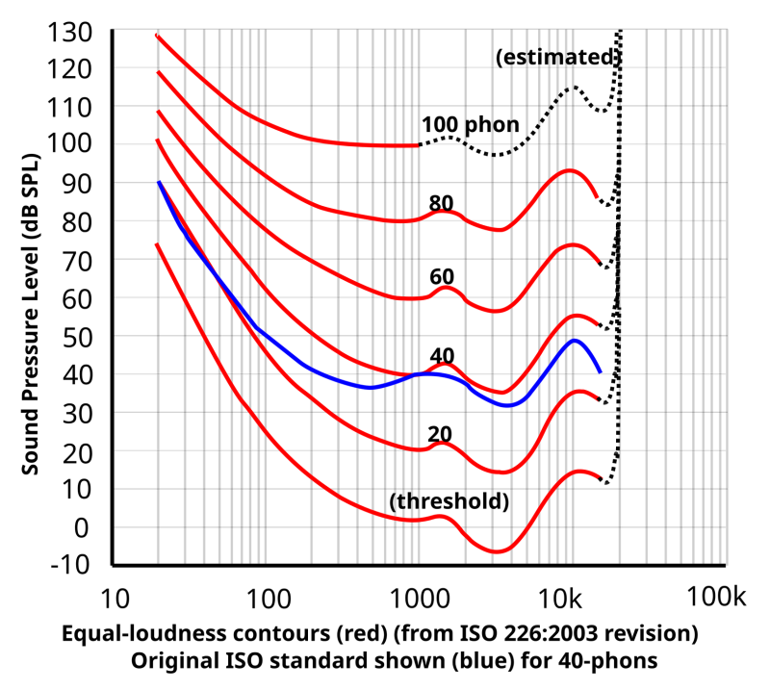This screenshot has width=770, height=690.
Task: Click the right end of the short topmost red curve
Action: (x=416, y=145)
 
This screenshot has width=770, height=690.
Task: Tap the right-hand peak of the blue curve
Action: (x=576, y=340)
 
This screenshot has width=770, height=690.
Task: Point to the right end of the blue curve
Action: (x=601, y=371)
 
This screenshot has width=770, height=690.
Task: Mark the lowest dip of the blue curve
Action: (x=507, y=405)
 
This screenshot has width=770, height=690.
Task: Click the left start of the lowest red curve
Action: (x=157, y=244)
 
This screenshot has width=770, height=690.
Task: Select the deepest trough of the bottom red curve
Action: (x=496, y=552)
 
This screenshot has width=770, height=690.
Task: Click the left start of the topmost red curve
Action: (x=157, y=36)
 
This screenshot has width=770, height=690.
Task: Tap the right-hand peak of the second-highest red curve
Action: (x=570, y=169)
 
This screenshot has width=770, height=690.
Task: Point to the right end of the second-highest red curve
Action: (x=598, y=197)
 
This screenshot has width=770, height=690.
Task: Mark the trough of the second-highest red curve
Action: (x=499, y=231)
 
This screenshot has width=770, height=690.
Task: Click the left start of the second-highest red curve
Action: (x=158, y=73)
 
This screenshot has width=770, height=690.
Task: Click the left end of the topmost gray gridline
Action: (x=116, y=67)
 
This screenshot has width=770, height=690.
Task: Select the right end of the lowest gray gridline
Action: (x=724, y=450)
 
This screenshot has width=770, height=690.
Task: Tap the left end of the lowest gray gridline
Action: (x=116, y=450)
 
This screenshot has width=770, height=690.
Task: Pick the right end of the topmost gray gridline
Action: (x=724, y=67)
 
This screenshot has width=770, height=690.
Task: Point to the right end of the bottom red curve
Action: (x=600, y=476)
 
